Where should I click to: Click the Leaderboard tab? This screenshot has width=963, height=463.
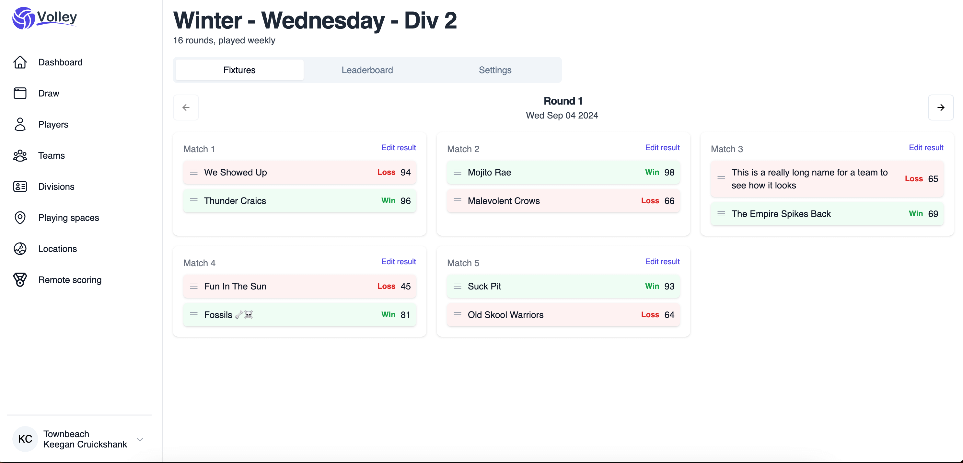(x=367, y=70)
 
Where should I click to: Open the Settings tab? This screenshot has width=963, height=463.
(x=495, y=70)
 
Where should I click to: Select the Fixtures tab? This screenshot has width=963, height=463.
(x=239, y=70)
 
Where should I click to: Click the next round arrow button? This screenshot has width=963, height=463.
(x=941, y=107)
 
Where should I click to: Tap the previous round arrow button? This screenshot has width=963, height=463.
(x=186, y=107)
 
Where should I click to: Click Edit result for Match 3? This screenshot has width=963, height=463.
(x=926, y=148)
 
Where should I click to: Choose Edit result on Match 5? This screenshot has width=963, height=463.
(x=662, y=262)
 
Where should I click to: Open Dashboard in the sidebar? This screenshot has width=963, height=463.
(x=60, y=62)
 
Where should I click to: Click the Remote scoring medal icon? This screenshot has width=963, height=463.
(x=20, y=279)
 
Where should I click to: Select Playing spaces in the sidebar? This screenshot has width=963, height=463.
(x=68, y=218)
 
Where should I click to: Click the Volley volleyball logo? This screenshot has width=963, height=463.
(x=23, y=18)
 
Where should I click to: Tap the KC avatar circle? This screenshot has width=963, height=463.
(x=25, y=439)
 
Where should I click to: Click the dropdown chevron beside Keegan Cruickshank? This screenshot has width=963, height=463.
(x=140, y=439)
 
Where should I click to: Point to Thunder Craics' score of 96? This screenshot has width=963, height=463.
(x=406, y=201)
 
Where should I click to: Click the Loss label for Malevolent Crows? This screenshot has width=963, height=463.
(x=650, y=201)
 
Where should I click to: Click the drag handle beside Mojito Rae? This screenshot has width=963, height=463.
(x=457, y=172)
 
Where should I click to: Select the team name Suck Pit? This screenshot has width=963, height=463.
(x=484, y=286)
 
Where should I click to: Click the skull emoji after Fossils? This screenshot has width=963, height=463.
(x=249, y=315)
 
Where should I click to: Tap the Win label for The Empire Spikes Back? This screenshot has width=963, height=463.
(x=915, y=214)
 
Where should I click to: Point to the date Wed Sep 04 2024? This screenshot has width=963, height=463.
(x=562, y=116)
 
